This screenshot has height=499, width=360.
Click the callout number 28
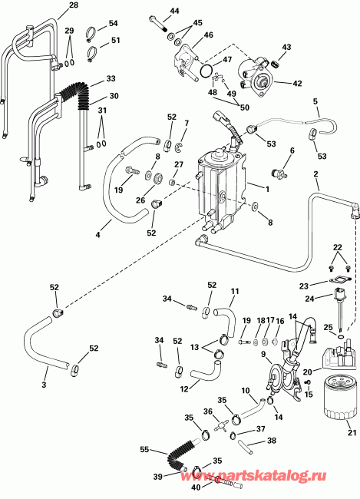(x=74, y=5)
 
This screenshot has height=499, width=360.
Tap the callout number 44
(x=174, y=11)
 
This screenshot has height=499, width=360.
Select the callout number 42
(x=298, y=83)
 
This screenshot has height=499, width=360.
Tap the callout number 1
(x=266, y=189)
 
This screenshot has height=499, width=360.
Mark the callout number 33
(x=111, y=78)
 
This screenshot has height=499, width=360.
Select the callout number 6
(x=292, y=150)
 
